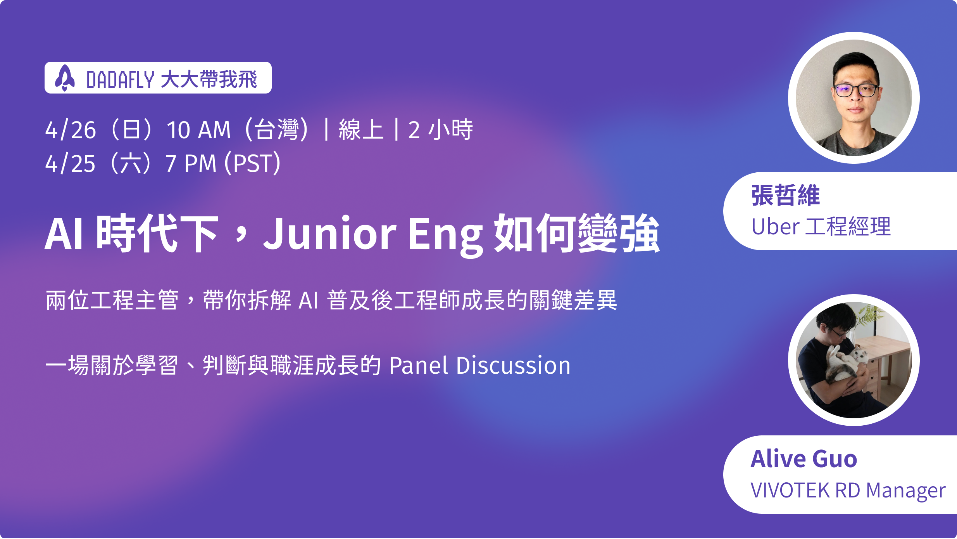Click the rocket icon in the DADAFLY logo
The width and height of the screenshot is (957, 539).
coord(65,78)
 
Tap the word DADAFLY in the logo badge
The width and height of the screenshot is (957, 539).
coord(121,80)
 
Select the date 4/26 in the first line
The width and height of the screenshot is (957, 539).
coord(71,130)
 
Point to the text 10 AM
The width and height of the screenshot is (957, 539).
coord(198,130)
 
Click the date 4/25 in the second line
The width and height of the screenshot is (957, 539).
coord(70,163)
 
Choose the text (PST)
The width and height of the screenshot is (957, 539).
coord(252,163)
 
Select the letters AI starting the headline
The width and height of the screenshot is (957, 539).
coord(64,233)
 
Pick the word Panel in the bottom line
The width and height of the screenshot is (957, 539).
coord(419,366)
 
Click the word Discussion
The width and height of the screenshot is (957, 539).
coord(513,366)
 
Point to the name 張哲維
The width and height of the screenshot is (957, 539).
coord(785,195)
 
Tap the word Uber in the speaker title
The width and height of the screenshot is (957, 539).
coord(775,227)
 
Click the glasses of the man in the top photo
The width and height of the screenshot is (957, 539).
coord(856,90)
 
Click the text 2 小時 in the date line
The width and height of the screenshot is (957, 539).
coord(440,130)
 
